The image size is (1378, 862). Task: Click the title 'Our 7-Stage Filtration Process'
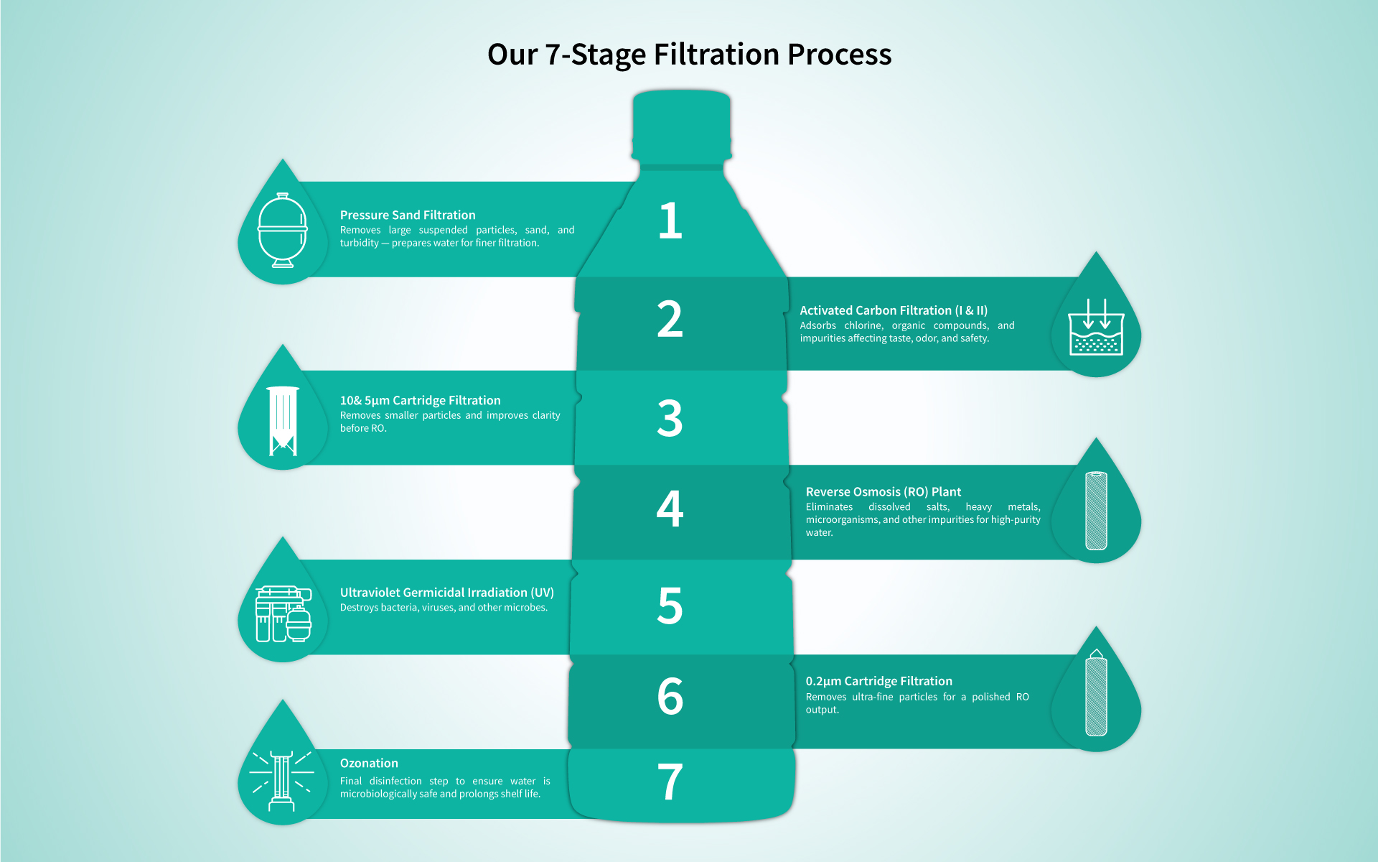point(689,55)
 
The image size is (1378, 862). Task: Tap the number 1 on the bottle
point(670,221)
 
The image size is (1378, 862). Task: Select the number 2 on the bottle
point(670,320)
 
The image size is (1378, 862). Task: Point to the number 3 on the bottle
point(670,418)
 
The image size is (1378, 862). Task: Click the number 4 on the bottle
point(670,509)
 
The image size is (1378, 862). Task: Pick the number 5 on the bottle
point(670,606)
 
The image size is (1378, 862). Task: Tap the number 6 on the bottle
point(670,696)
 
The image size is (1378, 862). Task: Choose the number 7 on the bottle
point(670,782)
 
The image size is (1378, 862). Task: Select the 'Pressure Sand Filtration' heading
point(408,215)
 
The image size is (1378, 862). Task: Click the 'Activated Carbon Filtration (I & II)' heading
point(894,310)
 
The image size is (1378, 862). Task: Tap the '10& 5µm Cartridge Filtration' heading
point(420,400)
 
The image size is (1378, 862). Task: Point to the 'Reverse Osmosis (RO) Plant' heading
point(883,491)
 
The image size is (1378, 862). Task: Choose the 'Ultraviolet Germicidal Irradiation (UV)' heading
point(446,593)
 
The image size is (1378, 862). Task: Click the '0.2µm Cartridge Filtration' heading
point(878,681)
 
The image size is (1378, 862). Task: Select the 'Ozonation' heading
point(369,763)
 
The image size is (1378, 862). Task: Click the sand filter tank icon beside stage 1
point(283,230)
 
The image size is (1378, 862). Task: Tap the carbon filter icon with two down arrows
point(1096,328)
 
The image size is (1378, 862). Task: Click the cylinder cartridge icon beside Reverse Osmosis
point(1096,511)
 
